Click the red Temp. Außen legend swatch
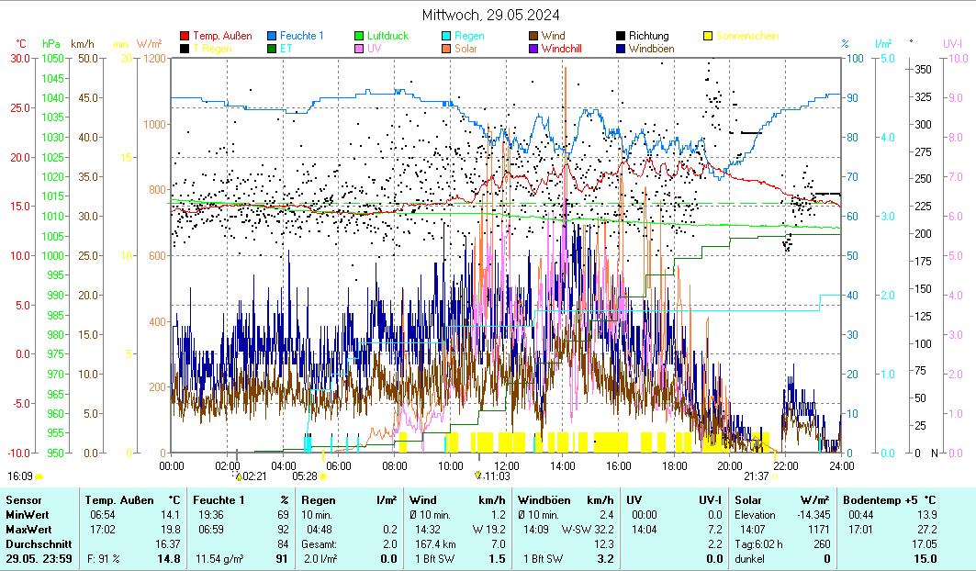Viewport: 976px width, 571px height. [185, 36]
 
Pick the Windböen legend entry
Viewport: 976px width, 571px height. [650, 49]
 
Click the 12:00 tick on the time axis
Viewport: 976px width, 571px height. [506, 465]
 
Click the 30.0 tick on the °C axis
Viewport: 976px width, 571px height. [20, 58]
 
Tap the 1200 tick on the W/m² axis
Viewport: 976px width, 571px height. [153, 58]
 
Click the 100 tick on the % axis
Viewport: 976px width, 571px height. [854, 58]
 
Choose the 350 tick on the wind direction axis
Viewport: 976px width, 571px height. [924, 69]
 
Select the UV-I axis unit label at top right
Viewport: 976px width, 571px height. [952, 43]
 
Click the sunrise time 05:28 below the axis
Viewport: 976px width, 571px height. [305, 476]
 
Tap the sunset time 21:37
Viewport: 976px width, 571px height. [756, 476]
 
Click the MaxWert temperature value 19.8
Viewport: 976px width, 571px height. [169, 530]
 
